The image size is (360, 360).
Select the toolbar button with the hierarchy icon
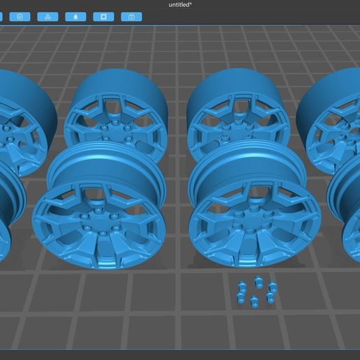click(47, 16)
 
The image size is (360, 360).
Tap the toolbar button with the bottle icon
click(75, 16)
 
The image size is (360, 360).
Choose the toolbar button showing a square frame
click(103, 16)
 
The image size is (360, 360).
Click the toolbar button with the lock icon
click(131, 16)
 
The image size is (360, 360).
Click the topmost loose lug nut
click(259, 283)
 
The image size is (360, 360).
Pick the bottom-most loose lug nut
click(254, 301)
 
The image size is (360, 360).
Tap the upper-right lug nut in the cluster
click(273, 287)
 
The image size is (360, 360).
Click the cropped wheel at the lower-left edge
click(8, 209)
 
